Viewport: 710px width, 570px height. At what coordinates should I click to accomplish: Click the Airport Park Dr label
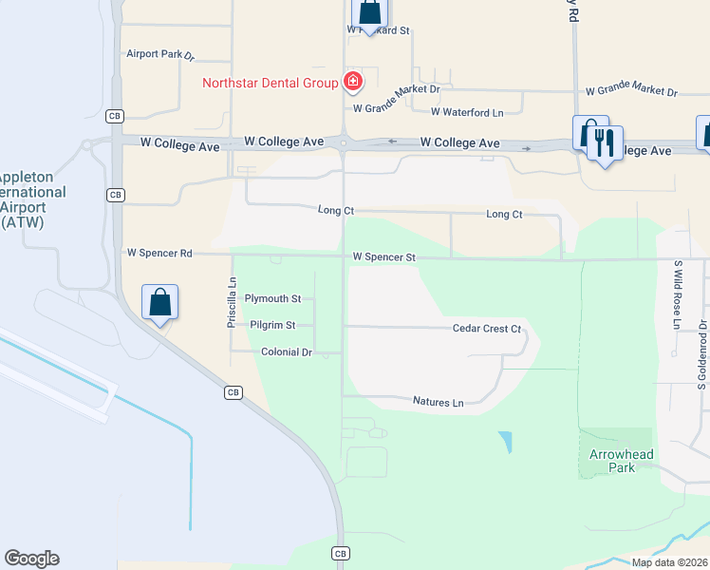tap(159, 54)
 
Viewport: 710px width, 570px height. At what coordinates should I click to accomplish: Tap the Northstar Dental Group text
tap(271, 83)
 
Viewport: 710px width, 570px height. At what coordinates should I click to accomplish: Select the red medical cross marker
tap(353, 82)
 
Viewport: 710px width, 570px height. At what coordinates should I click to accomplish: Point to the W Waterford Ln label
tap(467, 112)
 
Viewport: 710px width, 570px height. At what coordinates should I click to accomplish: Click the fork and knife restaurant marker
tap(604, 143)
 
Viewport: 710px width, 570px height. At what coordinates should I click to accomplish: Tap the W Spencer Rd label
tap(159, 254)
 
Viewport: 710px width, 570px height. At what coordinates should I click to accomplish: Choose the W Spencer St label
tap(384, 256)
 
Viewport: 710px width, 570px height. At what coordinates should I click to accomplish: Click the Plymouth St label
tap(272, 298)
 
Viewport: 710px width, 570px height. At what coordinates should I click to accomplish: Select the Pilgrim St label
tap(272, 325)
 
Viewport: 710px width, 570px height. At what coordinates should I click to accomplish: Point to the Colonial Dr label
tap(287, 352)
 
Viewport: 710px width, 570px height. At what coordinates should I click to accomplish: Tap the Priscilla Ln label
tap(232, 303)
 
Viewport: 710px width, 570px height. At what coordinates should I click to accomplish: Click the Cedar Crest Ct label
tap(487, 329)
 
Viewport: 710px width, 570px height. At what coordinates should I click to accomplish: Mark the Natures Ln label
tap(438, 403)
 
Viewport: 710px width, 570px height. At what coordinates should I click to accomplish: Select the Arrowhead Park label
tap(621, 461)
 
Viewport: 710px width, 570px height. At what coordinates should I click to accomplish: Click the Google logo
tap(31, 559)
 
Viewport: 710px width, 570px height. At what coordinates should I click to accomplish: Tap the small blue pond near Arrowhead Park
tap(505, 442)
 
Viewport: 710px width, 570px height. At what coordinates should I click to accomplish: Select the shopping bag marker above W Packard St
tap(369, 13)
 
